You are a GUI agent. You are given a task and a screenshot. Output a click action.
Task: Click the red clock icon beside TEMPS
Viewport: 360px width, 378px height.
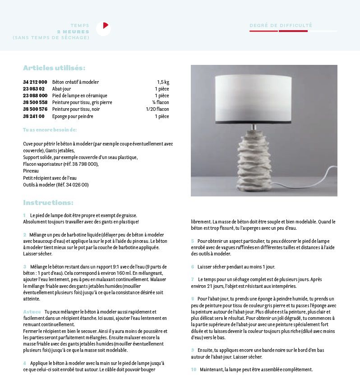pos(103,28)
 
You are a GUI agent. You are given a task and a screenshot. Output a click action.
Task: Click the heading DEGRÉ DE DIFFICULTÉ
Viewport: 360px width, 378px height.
pos(281,26)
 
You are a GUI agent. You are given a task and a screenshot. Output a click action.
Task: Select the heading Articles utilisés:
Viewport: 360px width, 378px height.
pos(54,68)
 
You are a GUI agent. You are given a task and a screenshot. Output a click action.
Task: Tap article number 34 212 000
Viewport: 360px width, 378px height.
pos(35,82)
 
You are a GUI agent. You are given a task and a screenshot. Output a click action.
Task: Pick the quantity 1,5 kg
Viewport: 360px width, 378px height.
pos(163,82)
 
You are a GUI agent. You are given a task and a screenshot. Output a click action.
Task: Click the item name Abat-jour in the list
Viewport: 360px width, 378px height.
pos(61,89)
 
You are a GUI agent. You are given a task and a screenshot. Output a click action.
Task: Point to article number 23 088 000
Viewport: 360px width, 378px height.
pos(35,96)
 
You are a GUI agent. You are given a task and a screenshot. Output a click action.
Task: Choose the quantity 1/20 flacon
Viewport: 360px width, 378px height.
pos(157,109)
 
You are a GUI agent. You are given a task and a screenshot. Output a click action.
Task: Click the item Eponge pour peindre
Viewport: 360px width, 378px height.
pos(73,116)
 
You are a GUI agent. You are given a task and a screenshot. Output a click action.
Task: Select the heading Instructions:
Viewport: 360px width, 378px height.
pos(48,203)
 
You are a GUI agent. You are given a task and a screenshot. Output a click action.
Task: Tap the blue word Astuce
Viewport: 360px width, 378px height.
pos(32,312)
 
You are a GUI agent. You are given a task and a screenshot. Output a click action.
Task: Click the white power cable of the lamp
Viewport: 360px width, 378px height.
pos(311,173)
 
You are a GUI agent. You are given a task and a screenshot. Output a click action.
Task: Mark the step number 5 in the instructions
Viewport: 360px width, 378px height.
pos(193,241)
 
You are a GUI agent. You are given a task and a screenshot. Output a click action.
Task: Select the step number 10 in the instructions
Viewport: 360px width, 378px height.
pos(194,369)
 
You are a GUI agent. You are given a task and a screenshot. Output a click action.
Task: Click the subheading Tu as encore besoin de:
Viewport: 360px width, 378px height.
pos(50,130)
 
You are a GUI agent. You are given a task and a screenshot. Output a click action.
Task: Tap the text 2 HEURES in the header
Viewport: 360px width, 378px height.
pos(73,32)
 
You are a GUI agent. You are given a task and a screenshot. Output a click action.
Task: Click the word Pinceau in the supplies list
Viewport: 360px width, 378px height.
pos(31,171)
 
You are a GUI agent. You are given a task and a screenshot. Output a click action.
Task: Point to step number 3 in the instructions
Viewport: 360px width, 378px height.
pos(25,267)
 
